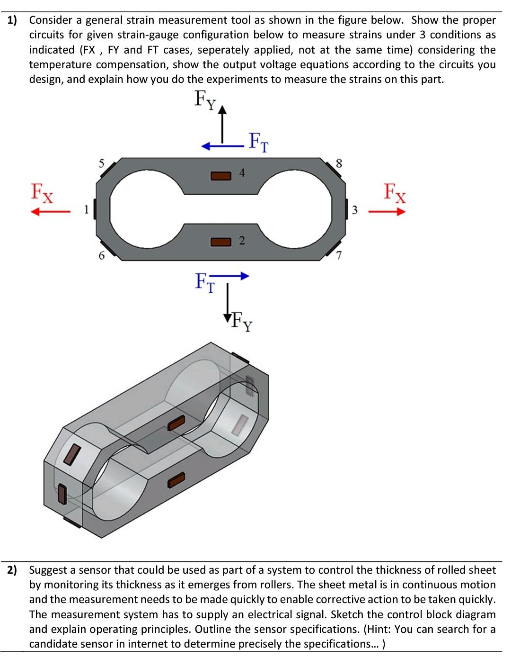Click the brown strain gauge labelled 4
220,176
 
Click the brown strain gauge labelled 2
220,242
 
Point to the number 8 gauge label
338,163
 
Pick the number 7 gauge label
338,256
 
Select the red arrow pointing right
388,212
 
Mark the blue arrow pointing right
232,276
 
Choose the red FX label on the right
395,193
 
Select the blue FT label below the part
204,282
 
